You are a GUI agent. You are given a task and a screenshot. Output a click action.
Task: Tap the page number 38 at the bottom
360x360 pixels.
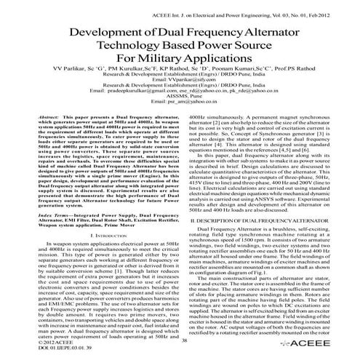[183, 340]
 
